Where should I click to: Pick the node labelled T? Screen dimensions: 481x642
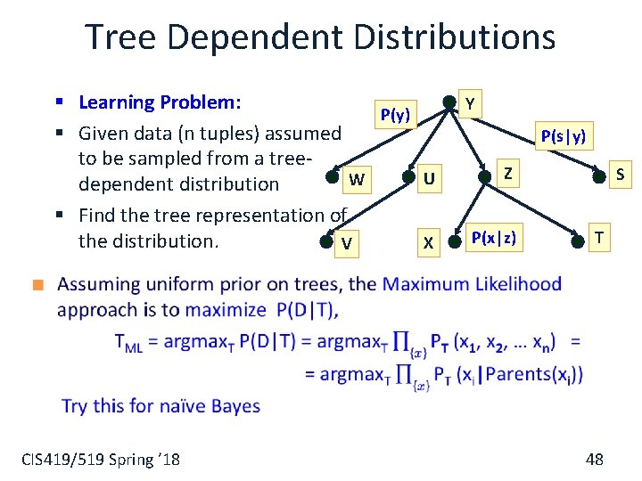pyautogui.click(x=579, y=240)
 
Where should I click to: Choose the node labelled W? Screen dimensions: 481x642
pyautogui.click(x=336, y=181)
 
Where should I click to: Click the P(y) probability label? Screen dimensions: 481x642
pyautogui.click(x=395, y=115)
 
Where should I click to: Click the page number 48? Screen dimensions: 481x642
pyautogui.click(x=595, y=459)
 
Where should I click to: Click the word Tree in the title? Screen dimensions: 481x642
pyautogui.click(x=123, y=37)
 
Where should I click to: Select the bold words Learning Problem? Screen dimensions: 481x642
pyautogui.click(x=160, y=102)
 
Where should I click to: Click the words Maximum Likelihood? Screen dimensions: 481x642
pyautogui.click(x=472, y=285)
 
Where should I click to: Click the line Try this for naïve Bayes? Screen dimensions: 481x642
pyautogui.click(x=160, y=406)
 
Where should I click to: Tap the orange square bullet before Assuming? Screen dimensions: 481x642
pyautogui.click(x=37, y=286)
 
